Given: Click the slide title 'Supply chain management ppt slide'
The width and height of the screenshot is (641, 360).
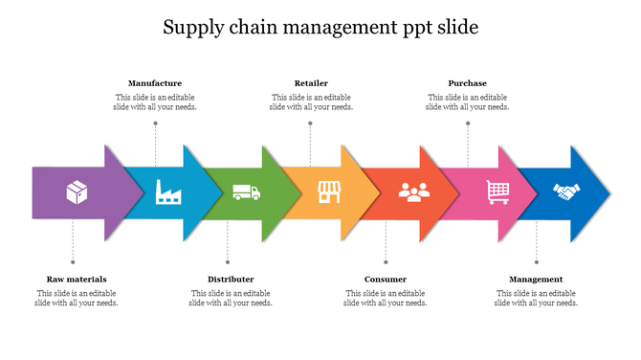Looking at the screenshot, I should pyautogui.click(x=320, y=27).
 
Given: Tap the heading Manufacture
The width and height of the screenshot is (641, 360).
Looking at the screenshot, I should pyautogui.click(x=155, y=83).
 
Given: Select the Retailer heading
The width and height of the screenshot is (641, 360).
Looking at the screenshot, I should pyautogui.click(x=311, y=83).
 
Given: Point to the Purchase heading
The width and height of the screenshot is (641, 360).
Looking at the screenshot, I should pyautogui.click(x=467, y=83).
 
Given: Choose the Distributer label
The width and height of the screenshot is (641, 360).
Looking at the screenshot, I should pyautogui.click(x=231, y=279).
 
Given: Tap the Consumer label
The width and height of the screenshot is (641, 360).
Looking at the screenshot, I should pyautogui.click(x=386, y=279).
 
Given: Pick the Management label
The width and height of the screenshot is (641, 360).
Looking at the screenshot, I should pyautogui.click(x=536, y=279).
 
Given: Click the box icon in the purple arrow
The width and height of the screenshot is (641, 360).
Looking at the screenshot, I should pyautogui.click(x=77, y=192).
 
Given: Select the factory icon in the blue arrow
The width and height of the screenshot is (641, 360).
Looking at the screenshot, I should pyautogui.click(x=169, y=192).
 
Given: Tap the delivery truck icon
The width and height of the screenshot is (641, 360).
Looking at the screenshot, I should pyautogui.click(x=246, y=192).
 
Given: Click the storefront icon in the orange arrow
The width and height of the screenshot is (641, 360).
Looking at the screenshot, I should pyautogui.click(x=328, y=192).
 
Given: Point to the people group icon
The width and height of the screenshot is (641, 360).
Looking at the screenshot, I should pyautogui.click(x=411, y=192).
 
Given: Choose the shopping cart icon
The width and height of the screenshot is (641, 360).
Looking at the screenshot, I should pyautogui.click(x=497, y=192).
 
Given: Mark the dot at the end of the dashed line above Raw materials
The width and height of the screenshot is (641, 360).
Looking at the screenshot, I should pyautogui.click(x=73, y=261).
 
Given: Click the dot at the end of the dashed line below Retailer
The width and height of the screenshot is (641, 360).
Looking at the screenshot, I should pyautogui.click(x=311, y=123).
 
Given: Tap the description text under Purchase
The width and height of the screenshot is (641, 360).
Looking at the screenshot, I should pyautogui.click(x=467, y=102).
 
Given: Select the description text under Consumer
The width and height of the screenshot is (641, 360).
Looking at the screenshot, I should pyautogui.click(x=386, y=298).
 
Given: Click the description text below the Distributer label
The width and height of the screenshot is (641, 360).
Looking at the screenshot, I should pyautogui.click(x=231, y=298).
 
